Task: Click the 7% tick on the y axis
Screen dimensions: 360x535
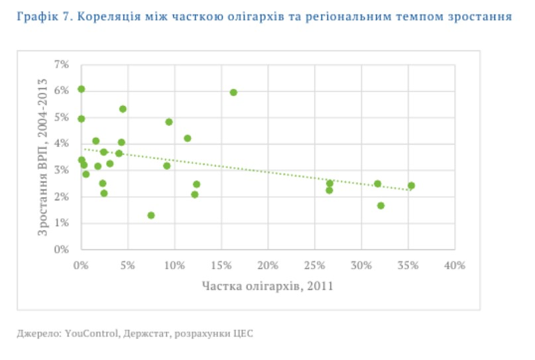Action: (61, 64)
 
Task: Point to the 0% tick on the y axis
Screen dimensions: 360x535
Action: (61, 250)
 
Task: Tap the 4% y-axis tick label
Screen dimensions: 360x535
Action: (61, 144)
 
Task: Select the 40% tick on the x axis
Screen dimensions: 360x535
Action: (455, 265)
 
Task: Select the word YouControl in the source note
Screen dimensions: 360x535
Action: (92, 333)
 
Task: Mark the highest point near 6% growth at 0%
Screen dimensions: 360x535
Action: (81, 89)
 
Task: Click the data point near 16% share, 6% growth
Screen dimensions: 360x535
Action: (233, 92)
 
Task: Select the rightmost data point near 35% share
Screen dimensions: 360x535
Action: (411, 186)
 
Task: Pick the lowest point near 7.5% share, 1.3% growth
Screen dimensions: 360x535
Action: (151, 215)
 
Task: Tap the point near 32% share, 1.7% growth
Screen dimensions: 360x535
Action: (381, 206)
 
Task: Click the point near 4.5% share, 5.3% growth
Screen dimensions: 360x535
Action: (123, 109)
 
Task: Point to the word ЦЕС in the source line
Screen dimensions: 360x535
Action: (244, 333)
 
